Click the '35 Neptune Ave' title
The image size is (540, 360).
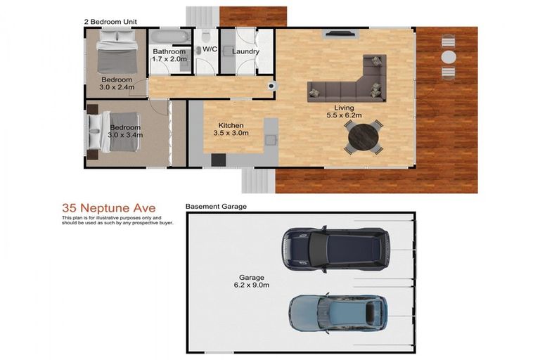[109, 208]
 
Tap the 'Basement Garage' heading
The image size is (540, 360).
[216, 207]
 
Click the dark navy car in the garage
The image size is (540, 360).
[335, 249]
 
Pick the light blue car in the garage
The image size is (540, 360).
[337, 314]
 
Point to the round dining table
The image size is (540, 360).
[363, 136]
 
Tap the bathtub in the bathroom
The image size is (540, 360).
[169, 37]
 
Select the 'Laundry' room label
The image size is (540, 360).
[245, 51]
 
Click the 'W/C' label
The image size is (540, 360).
[210, 49]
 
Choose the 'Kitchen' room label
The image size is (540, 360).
[231, 124]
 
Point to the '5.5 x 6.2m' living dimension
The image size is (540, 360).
[343, 115]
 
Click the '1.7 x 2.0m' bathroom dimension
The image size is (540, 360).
[169, 59]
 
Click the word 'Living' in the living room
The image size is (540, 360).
[344, 107]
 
